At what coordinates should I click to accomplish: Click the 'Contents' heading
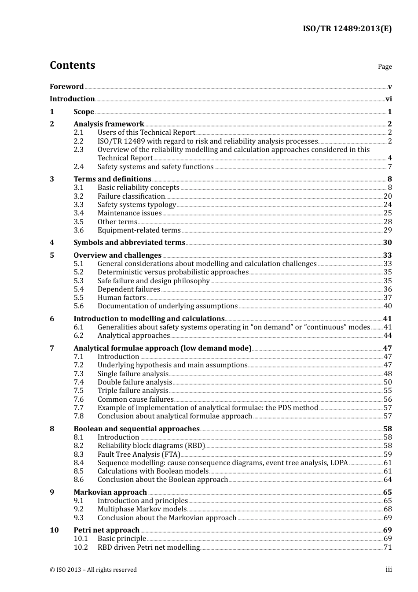pyautogui.click(x=72, y=65)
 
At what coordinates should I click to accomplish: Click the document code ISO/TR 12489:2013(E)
pyautogui.click(x=347, y=29)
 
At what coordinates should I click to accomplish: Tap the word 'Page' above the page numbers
pyautogui.click(x=385, y=67)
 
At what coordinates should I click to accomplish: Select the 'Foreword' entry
pyautogui.click(x=66, y=87)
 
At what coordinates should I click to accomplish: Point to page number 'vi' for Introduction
pyautogui.click(x=389, y=99)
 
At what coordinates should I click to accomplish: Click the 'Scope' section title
pyautogui.click(x=84, y=112)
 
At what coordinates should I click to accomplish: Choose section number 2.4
pyautogui.click(x=78, y=167)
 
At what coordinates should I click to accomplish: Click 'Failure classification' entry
pyautogui.click(x=131, y=196)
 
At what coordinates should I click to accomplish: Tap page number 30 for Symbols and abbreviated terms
pyautogui.click(x=387, y=243)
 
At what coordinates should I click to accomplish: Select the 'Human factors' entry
pyautogui.click(x=121, y=298)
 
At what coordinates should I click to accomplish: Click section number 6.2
pyautogui.click(x=78, y=336)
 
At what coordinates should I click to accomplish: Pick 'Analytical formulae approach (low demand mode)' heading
pyautogui.click(x=162, y=348)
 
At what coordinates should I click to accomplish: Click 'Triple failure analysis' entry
pyautogui.click(x=133, y=391)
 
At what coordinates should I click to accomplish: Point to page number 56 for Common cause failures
pyautogui.click(x=388, y=400)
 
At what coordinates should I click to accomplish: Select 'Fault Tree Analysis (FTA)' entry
pyautogui.click(x=139, y=455)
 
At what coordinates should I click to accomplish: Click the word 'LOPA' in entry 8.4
pyautogui.click(x=339, y=463)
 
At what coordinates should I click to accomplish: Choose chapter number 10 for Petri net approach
pyautogui.click(x=54, y=530)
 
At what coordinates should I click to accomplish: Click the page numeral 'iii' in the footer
pyautogui.click(x=389, y=570)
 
